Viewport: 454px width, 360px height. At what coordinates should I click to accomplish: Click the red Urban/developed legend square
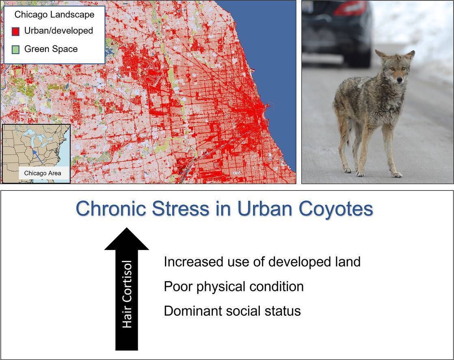[15, 31]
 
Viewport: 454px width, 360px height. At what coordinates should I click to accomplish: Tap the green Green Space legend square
[15, 50]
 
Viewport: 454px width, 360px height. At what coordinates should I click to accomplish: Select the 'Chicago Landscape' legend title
[54, 15]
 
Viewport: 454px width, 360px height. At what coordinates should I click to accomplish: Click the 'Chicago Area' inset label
[43, 173]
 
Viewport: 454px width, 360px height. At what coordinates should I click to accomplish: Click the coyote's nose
[400, 81]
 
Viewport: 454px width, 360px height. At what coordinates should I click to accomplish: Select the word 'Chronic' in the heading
[111, 209]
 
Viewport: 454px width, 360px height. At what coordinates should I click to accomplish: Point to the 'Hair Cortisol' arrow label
[127, 294]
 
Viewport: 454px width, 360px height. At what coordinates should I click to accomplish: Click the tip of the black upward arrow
[127, 229]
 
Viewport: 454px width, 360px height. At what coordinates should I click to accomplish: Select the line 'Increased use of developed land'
[262, 262]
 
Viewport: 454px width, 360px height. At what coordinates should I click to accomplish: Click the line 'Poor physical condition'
[233, 286]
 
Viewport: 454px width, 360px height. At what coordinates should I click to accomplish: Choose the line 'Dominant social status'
[232, 311]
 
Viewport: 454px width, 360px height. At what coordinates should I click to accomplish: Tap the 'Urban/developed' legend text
[58, 31]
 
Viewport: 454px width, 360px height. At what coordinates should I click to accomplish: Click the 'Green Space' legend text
[51, 49]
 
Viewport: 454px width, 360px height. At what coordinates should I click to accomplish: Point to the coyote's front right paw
[360, 173]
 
